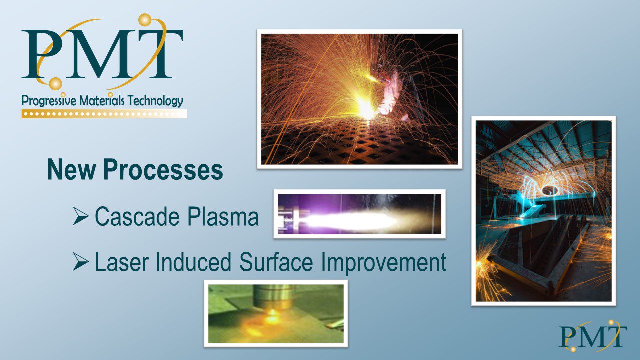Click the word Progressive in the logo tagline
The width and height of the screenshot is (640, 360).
click(x=49, y=101)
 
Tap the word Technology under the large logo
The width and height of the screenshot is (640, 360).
click(x=155, y=101)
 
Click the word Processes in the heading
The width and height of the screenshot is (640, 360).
click(x=163, y=169)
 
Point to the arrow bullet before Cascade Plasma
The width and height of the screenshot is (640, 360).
click(x=81, y=216)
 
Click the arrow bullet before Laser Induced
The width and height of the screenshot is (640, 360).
click(x=81, y=261)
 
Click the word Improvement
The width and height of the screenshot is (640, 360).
click(x=384, y=263)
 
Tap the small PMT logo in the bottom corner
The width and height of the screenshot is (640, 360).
click(x=593, y=336)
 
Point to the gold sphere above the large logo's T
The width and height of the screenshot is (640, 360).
click(x=145, y=20)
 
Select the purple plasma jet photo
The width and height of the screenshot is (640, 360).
click(x=359, y=214)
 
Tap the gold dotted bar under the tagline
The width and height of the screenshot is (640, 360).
click(x=104, y=113)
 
